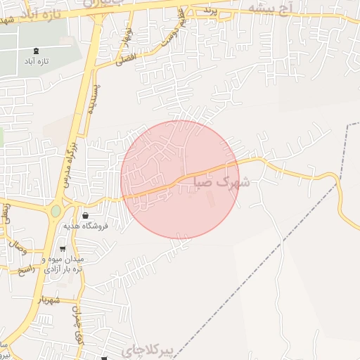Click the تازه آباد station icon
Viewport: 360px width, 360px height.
point(36,51)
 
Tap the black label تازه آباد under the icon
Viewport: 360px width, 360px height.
point(36,61)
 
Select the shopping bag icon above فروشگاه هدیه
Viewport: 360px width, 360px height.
point(86,215)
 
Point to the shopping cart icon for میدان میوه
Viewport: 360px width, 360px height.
point(63,249)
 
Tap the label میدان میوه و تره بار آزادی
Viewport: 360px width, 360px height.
point(63,264)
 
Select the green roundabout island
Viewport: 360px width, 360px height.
point(56,210)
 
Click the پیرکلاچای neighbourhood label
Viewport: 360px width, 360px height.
point(147,350)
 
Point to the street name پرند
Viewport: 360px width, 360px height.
point(207,11)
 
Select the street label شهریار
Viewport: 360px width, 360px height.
point(50,300)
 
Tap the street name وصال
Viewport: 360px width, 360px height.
point(16,247)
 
